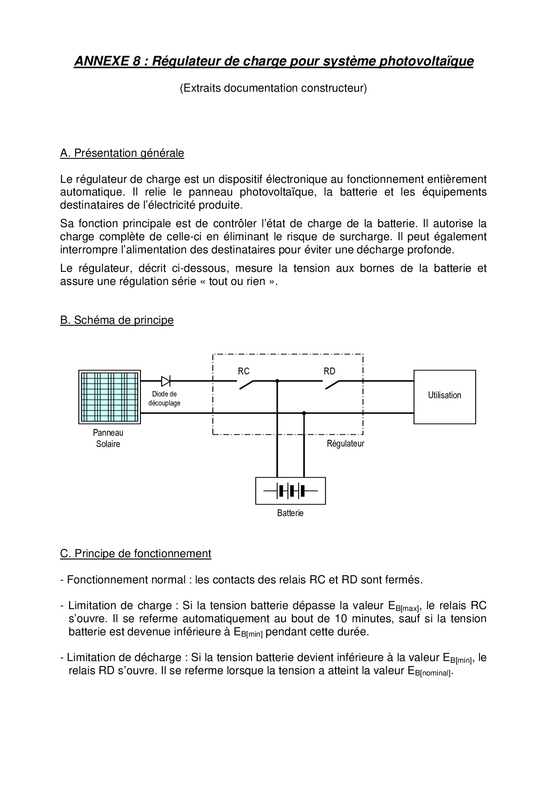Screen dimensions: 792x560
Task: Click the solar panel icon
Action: coord(109,397)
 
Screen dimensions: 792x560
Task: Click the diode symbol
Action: coord(166,381)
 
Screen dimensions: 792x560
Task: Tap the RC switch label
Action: coord(243,371)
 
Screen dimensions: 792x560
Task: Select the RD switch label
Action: coord(329,371)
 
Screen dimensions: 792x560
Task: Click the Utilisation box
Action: coord(444,396)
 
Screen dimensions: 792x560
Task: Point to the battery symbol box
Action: coord(290,490)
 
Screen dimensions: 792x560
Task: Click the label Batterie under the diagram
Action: coord(290,513)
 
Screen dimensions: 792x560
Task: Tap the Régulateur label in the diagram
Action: coord(345,443)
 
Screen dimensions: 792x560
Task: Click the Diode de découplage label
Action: coord(164,398)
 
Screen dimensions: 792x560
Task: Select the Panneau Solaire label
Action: coord(108,438)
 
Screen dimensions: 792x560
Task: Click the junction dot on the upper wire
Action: coord(277,381)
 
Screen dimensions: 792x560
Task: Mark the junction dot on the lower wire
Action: coord(304,413)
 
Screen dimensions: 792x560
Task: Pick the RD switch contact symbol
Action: coord(331,384)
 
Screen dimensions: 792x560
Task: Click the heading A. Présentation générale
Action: coord(122,153)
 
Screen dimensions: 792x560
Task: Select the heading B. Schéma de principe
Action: coord(117,320)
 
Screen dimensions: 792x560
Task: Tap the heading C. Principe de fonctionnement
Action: coord(135,554)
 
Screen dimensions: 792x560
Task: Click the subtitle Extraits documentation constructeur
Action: coord(273,88)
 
